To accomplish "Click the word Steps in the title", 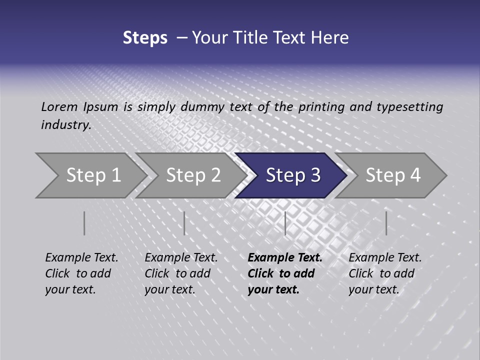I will click(145, 38).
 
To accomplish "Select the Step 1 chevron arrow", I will click(93, 175).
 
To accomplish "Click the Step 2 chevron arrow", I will click(193, 175).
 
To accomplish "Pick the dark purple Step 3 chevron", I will click(292, 175).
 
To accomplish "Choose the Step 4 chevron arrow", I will click(392, 175).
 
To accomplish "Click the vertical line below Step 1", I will click(84, 223).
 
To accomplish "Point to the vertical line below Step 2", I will click(184, 223).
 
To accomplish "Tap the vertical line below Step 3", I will click(285, 223).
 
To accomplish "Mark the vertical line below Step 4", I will click(386, 223).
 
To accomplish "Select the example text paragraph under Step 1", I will click(81, 273).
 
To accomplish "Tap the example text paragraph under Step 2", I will click(181, 273).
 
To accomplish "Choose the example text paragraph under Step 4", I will click(385, 273).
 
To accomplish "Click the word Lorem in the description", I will click(59, 106).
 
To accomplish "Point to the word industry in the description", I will click(66, 125).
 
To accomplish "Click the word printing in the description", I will click(320, 106).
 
